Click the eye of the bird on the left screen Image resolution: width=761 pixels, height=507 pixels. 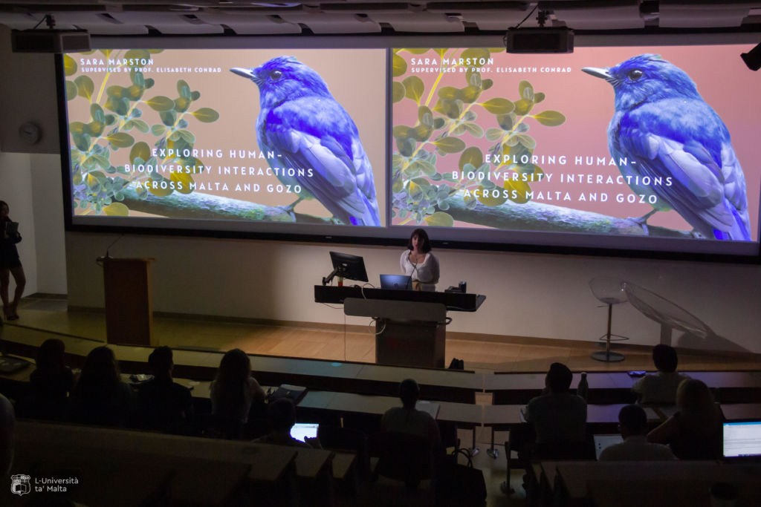point(276,74)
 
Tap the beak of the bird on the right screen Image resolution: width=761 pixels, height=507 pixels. point(596,73)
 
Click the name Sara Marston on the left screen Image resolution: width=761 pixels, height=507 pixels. point(117,62)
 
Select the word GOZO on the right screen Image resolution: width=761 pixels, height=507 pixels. point(637,198)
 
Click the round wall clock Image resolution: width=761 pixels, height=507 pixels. point(30,132)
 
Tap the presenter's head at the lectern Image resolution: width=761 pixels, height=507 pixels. point(420,241)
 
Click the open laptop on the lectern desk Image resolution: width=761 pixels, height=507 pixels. point(395,282)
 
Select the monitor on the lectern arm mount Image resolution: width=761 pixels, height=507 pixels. point(349,266)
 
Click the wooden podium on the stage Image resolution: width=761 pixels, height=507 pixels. point(128,301)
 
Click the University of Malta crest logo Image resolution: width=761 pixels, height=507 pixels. point(20,484)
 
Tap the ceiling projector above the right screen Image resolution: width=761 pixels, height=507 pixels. point(540,40)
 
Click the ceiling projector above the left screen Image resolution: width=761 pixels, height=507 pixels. point(51,41)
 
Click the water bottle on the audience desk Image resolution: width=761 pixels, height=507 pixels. point(583,386)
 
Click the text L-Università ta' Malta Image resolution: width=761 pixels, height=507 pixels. point(56,485)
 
